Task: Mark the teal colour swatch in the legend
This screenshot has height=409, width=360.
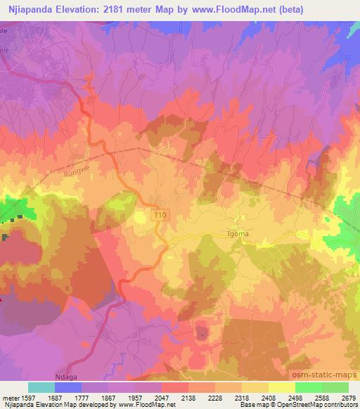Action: [x=41, y=387]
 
